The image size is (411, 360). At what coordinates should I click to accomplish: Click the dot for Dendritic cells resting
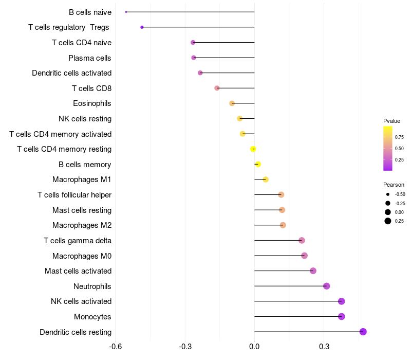363,332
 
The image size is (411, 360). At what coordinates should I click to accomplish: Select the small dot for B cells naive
126,12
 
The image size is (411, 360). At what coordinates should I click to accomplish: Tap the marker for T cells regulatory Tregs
142,27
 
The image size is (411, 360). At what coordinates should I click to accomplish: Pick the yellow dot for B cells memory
258,164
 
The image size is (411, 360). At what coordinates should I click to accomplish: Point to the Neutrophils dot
326,286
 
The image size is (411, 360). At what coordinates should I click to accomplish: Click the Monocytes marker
342,316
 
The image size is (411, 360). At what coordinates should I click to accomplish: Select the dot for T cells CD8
217,88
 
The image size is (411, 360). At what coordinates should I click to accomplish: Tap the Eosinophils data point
232,103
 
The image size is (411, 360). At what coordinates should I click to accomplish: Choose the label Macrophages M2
82,225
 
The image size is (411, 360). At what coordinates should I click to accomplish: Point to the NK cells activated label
81,301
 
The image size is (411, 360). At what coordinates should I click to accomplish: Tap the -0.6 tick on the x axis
116,347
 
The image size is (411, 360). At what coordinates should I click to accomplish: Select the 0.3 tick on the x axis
324,347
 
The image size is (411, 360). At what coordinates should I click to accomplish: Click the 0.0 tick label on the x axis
254,347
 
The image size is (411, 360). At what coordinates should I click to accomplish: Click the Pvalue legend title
391,121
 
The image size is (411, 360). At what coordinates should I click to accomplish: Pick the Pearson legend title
394,185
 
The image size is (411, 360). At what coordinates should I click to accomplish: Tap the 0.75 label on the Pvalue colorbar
399,137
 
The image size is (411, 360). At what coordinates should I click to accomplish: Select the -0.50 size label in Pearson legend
400,194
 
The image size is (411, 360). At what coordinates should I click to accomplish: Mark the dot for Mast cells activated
313,271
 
